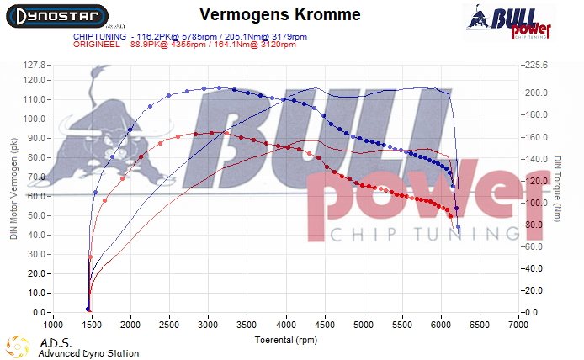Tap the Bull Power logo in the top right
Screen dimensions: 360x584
click(508, 22)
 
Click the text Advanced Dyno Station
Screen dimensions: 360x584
click(88, 353)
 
